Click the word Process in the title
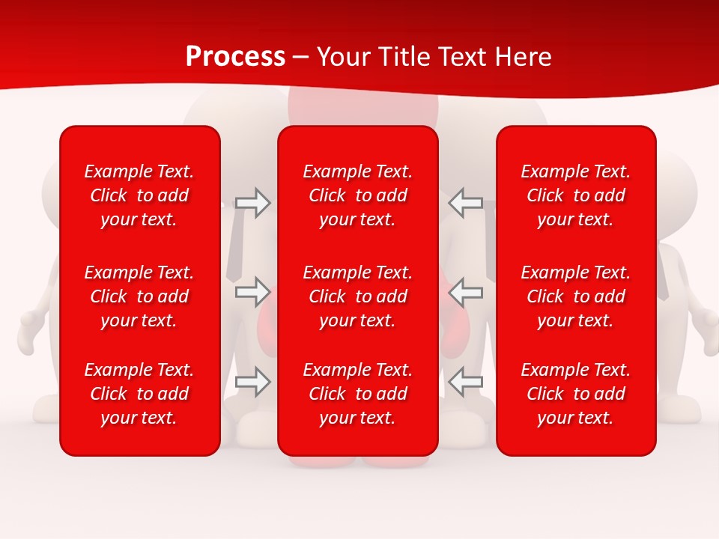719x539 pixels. pyautogui.click(x=235, y=57)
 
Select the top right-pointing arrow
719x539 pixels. pyautogui.click(x=253, y=203)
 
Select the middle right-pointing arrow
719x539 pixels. pyautogui.click(x=253, y=291)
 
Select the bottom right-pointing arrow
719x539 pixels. pyautogui.click(x=253, y=381)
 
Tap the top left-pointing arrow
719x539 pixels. pyautogui.click(x=465, y=203)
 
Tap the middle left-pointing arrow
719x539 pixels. pyautogui.click(x=465, y=291)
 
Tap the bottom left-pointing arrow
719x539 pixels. pyautogui.click(x=465, y=381)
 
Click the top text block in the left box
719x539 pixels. pyautogui.click(x=139, y=195)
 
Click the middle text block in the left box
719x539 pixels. pyautogui.click(x=139, y=296)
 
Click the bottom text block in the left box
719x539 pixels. pyautogui.click(x=139, y=394)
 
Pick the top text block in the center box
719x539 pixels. pyautogui.click(x=357, y=195)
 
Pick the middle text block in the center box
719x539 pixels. pyautogui.click(x=357, y=296)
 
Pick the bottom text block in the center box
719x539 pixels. pyautogui.click(x=357, y=394)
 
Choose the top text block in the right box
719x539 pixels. pyautogui.click(x=575, y=195)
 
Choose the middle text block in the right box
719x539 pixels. pyautogui.click(x=575, y=296)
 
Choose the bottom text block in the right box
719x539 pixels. pyautogui.click(x=575, y=394)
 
